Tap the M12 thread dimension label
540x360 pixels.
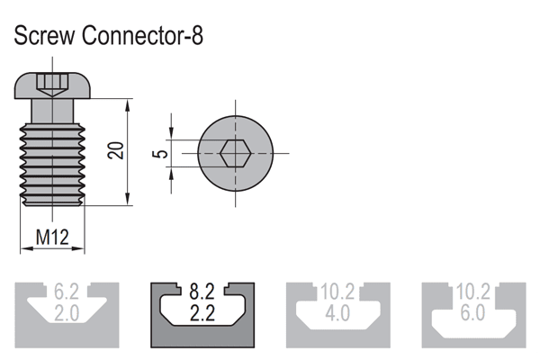(x=52, y=238)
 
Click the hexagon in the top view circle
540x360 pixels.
(x=235, y=153)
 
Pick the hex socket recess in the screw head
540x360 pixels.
(x=51, y=85)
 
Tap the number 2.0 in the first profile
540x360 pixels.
(x=67, y=312)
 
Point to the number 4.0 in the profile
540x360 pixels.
(x=337, y=312)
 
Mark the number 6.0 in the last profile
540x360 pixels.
(x=473, y=312)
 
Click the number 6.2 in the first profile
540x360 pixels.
(x=67, y=292)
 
